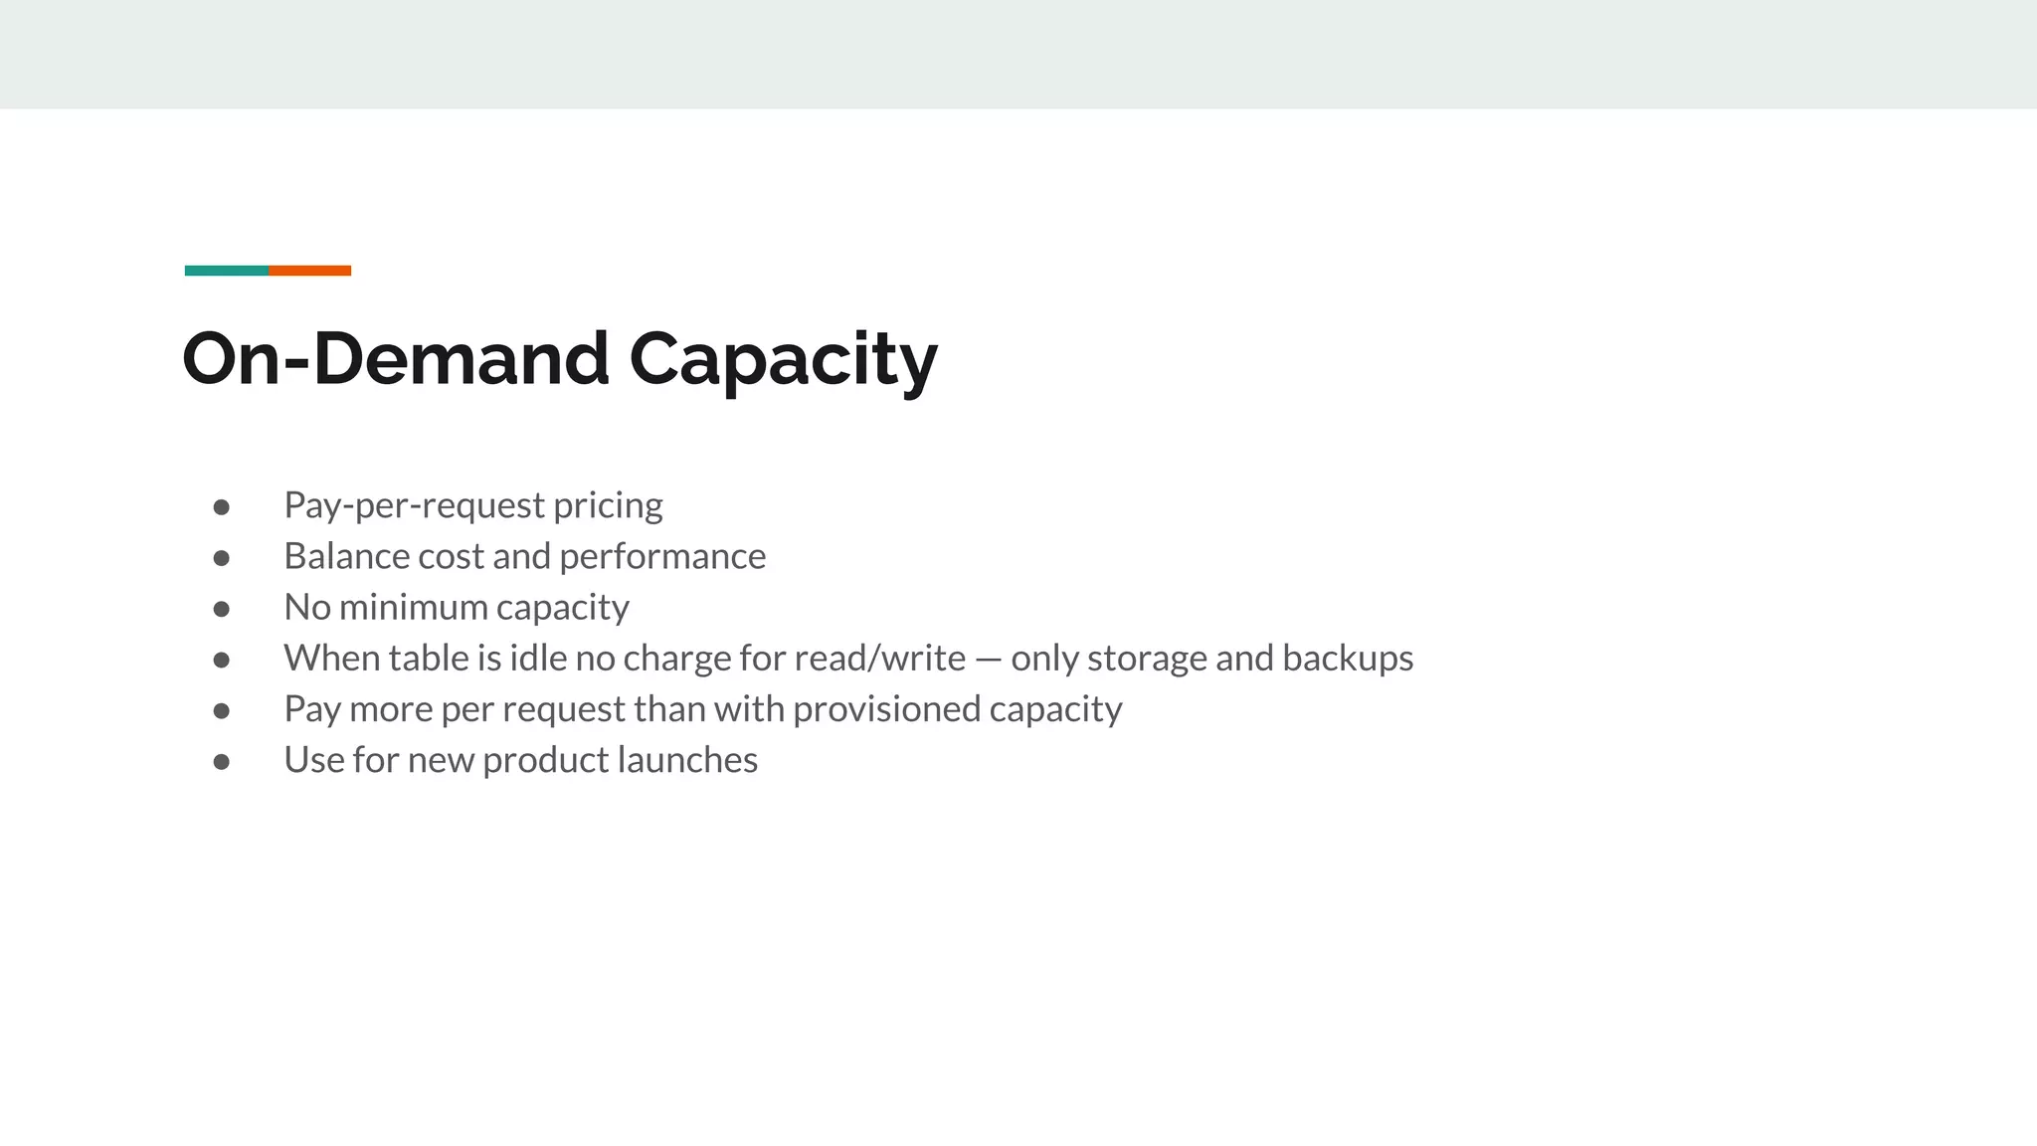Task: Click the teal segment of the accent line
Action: click(x=227, y=271)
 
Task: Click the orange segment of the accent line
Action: click(x=309, y=271)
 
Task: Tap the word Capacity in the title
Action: click(x=783, y=359)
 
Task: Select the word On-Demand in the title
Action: click(x=396, y=359)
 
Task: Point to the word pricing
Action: click(x=608, y=506)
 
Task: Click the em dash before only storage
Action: click(x=988, y=660)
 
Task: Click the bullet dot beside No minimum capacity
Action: click(x=222, y=609)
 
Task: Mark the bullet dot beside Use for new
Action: click(x=222, y=762)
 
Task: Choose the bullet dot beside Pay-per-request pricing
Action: click(x=222, y=507)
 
